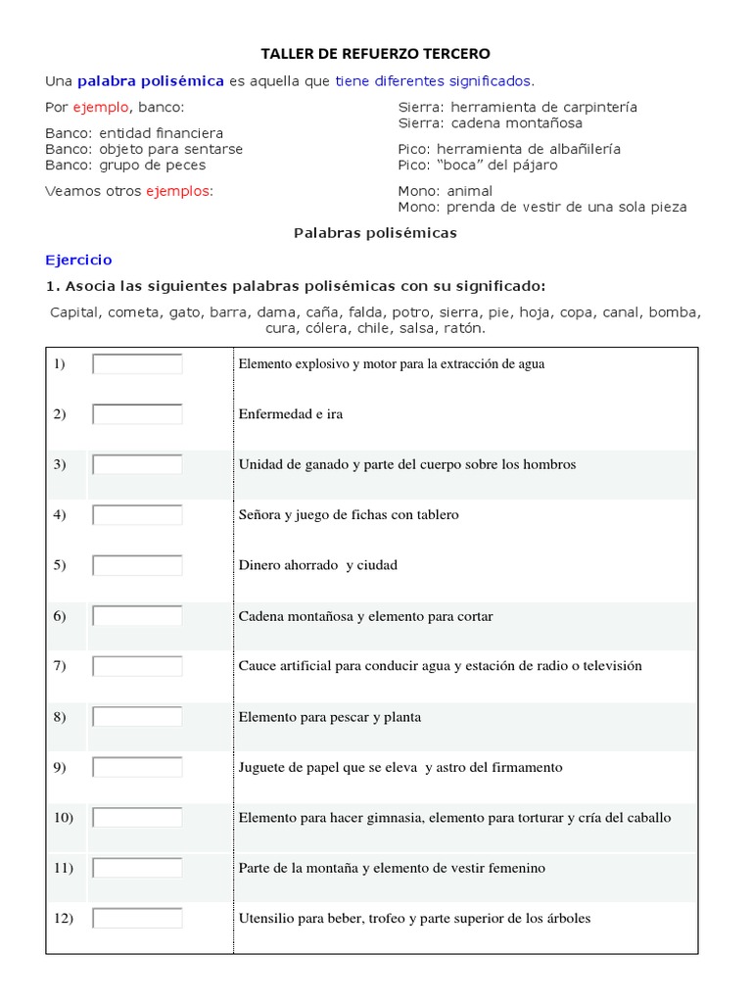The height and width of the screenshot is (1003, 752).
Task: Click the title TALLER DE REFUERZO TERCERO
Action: coord(375,53)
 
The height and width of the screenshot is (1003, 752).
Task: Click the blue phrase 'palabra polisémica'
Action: coord(151,81)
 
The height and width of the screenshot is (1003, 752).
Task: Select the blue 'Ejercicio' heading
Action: coord(78,260)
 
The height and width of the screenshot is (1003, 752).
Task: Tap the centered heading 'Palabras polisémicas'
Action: coord(375,233)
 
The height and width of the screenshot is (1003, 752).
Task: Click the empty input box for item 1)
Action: coord(137,364)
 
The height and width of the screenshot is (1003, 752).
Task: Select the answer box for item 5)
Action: coord(137,565)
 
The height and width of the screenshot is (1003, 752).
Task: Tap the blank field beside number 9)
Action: coord(137,767)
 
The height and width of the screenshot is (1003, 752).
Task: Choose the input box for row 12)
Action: coord(137,919)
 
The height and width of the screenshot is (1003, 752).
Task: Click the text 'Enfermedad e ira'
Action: coord(291,414)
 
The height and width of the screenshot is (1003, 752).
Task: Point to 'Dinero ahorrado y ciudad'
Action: coord(318,565)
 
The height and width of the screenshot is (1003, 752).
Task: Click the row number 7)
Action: coord(60,666)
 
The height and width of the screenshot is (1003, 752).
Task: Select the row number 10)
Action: coord(63,817)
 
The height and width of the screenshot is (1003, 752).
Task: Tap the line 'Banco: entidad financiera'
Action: coord(134,132)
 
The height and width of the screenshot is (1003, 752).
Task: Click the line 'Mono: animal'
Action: coord(446,191)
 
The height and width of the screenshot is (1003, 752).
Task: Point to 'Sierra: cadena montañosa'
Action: coord(490,123)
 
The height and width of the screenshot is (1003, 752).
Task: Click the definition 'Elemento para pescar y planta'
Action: coord(330,717)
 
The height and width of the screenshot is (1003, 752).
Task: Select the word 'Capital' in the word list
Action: coord(74,312)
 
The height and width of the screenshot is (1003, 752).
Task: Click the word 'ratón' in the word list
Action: coord(462,328)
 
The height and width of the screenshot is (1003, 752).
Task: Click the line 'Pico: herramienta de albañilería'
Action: coord(509,149)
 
